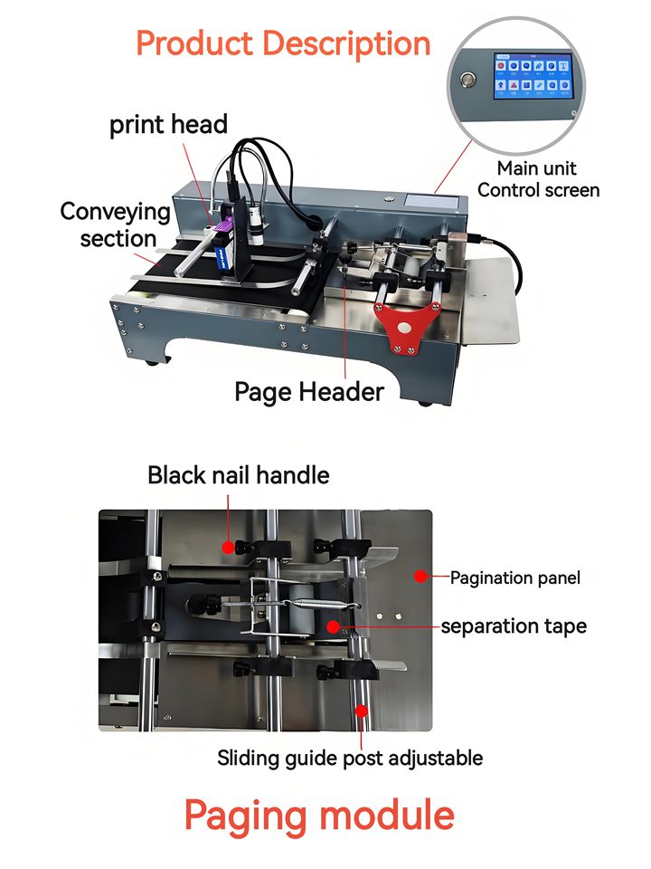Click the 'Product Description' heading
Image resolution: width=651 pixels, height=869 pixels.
[283, 43]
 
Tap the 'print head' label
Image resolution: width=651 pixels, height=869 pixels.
[168, 124]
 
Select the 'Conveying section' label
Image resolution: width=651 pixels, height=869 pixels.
[116, 224]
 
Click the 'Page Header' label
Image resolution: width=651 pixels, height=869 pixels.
[309, 391]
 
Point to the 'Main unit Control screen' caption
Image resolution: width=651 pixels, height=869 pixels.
[538, 179]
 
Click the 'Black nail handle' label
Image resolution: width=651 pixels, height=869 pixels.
[239, 474]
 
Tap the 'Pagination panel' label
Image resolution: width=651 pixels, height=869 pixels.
[515, 577]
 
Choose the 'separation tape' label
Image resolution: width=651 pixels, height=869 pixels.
[514, 625]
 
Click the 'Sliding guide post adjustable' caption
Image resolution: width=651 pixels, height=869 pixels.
[350, 757]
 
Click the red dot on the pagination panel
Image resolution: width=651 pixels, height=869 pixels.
[419, 575]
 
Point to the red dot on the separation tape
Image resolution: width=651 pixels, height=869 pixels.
[334, 625]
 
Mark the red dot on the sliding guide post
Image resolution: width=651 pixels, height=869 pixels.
[362, 711]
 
